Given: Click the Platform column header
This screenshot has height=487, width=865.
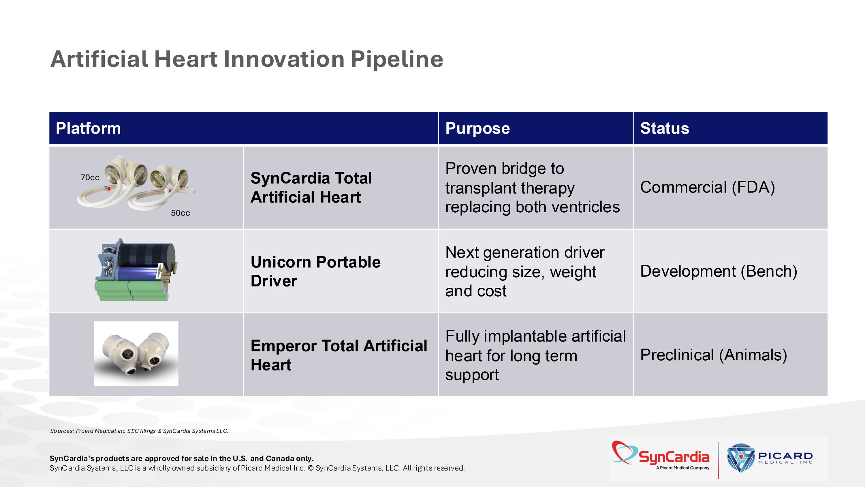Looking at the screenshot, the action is (x=88, y=128).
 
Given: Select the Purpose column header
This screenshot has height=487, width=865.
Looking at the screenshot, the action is (x=477, y=128).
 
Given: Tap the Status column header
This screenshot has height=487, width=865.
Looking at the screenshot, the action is (x=665, y=128).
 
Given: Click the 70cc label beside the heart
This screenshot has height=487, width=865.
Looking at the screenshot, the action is (x=90, y=177).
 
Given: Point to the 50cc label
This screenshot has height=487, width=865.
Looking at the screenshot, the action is (x=180, y=213).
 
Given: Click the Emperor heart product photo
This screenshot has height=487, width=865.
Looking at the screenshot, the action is (x=136, y=354).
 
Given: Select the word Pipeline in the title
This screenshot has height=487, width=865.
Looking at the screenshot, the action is (x=397, y=59).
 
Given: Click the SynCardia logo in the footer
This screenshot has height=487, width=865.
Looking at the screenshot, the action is (x=661, y=456).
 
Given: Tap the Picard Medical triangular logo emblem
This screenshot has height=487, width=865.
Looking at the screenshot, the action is (x=741, y=457).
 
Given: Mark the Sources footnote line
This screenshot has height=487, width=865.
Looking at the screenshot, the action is (x=139, y=431).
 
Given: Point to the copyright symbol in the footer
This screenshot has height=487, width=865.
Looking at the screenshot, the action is (x=310, y=468).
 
